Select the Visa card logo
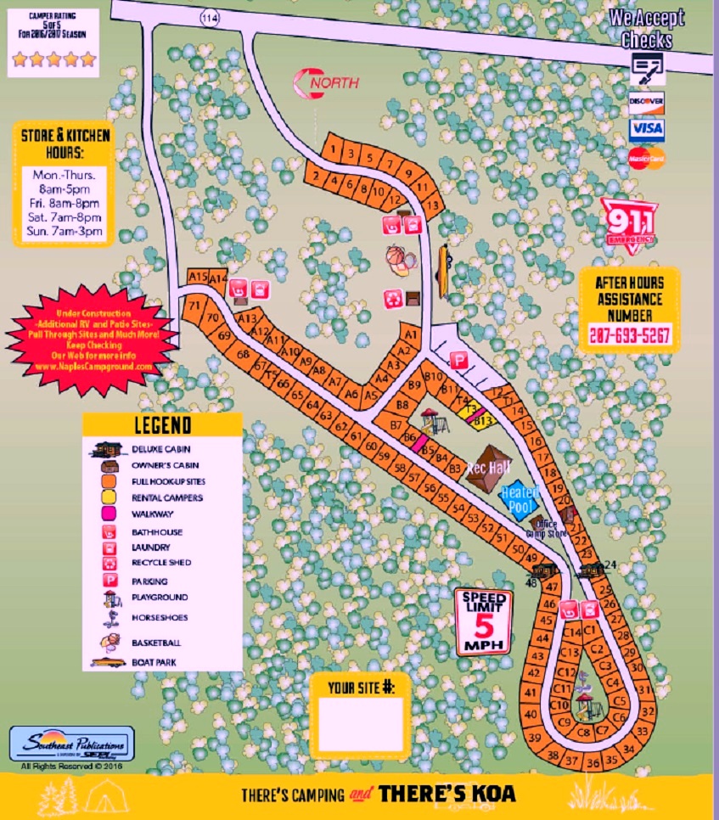click(647, 130)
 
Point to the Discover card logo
click(647, 101)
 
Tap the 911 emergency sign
click(629, 222)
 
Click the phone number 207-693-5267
click(629, 335)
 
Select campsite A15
click(198, 277)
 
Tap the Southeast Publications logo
click(72, 745)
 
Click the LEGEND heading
click(163, 425)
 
